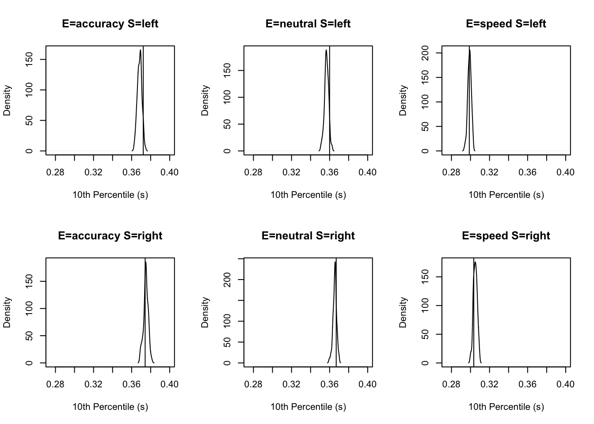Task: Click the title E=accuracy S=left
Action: point(110,24)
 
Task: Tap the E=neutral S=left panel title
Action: point(308,24)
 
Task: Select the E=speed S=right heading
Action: point(506,236)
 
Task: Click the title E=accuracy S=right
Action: point(110,236)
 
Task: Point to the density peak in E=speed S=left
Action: point(469,50)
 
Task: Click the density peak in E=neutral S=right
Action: point(335,262)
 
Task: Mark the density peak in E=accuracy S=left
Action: point(141,50)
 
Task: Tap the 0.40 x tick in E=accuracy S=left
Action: point(170,172)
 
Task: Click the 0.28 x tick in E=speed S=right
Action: point(451,384)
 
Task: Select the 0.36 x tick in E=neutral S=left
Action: point(330,172)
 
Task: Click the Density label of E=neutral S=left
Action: point(205,101)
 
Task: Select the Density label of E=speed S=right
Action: point(403,312)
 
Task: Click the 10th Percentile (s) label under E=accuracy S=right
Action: point(110,407)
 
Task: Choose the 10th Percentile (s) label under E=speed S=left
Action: point(506,195)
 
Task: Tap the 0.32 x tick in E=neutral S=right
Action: point(292,384)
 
